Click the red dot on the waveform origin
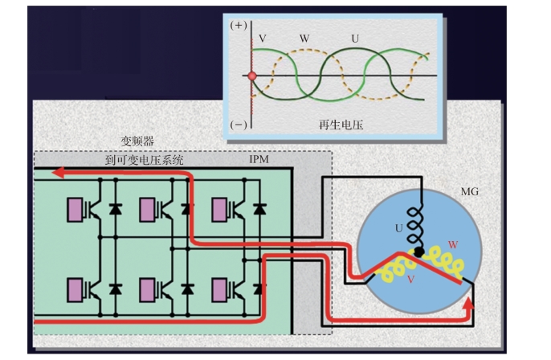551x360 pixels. tap(252, 76)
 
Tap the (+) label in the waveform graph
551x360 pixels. tap(239, 26)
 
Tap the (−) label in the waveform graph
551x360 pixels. tap(239, 125)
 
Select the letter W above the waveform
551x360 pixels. tap(304, 38)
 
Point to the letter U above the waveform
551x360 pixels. tap(354, 38)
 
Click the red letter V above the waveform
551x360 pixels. tap(263, 38)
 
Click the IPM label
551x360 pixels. tap(259, 159)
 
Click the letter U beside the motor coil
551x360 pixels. tap(399, 228)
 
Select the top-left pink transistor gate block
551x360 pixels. tap(76, 209)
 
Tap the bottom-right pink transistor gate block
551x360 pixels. tap(219, 287)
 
